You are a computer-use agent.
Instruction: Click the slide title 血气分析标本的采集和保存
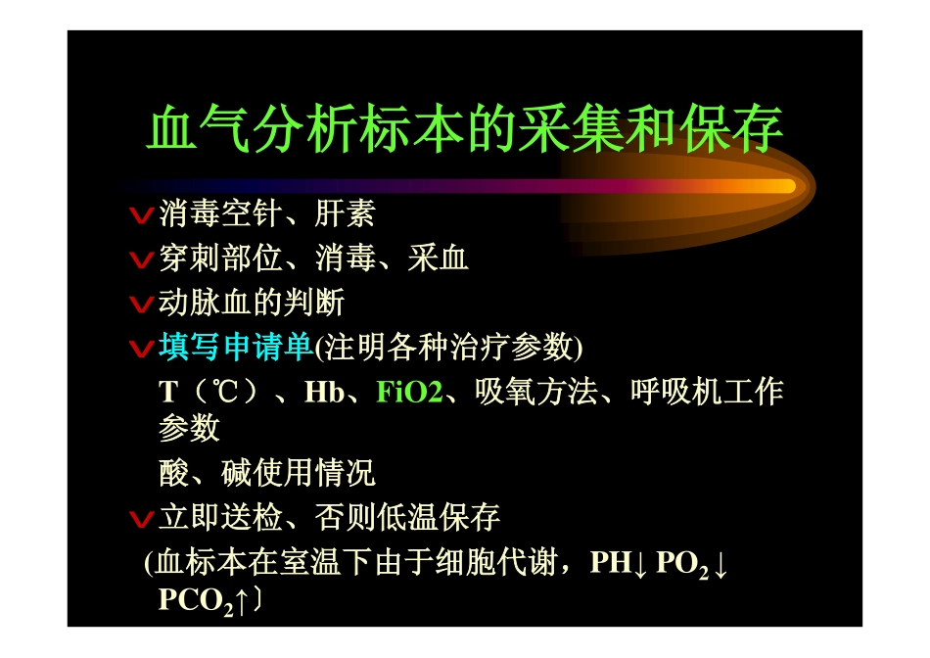(465, 130)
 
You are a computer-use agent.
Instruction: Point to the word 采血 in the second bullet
(439, 258)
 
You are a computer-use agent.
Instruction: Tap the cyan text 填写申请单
(235, 348)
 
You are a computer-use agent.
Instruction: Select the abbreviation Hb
(324, 393)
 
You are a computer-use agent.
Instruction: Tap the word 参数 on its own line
(189, 429)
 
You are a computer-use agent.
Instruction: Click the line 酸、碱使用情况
(267, 474)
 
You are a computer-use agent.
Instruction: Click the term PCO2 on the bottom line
(195, 601)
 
